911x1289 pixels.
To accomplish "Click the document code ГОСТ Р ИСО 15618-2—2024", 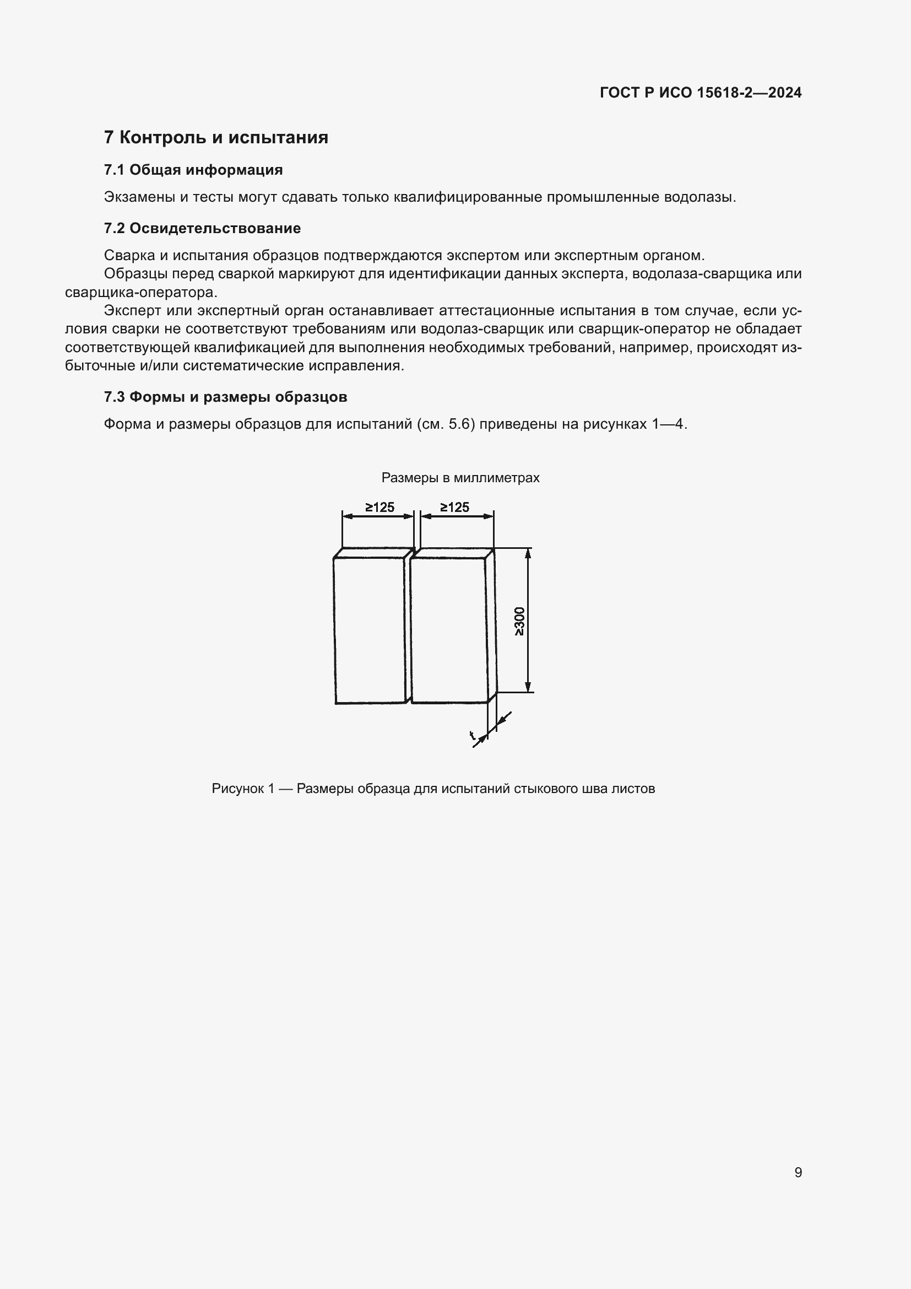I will (700, 93).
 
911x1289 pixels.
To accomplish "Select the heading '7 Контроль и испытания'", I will (216, 138).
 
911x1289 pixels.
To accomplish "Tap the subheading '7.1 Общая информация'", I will (193, 170).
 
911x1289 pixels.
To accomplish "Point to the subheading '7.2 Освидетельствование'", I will (202, 229).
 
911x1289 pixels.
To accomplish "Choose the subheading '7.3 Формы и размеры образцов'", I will (225, 397).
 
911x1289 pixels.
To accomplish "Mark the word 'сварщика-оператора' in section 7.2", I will (140, 293).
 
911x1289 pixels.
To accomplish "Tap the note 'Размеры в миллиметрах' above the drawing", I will (460, 478).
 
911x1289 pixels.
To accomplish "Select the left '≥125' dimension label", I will (380, 508).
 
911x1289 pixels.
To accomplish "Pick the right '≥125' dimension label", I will (454, 508).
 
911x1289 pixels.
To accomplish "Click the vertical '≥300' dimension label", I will (519, 621).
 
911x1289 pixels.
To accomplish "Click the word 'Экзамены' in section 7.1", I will (140, 198).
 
